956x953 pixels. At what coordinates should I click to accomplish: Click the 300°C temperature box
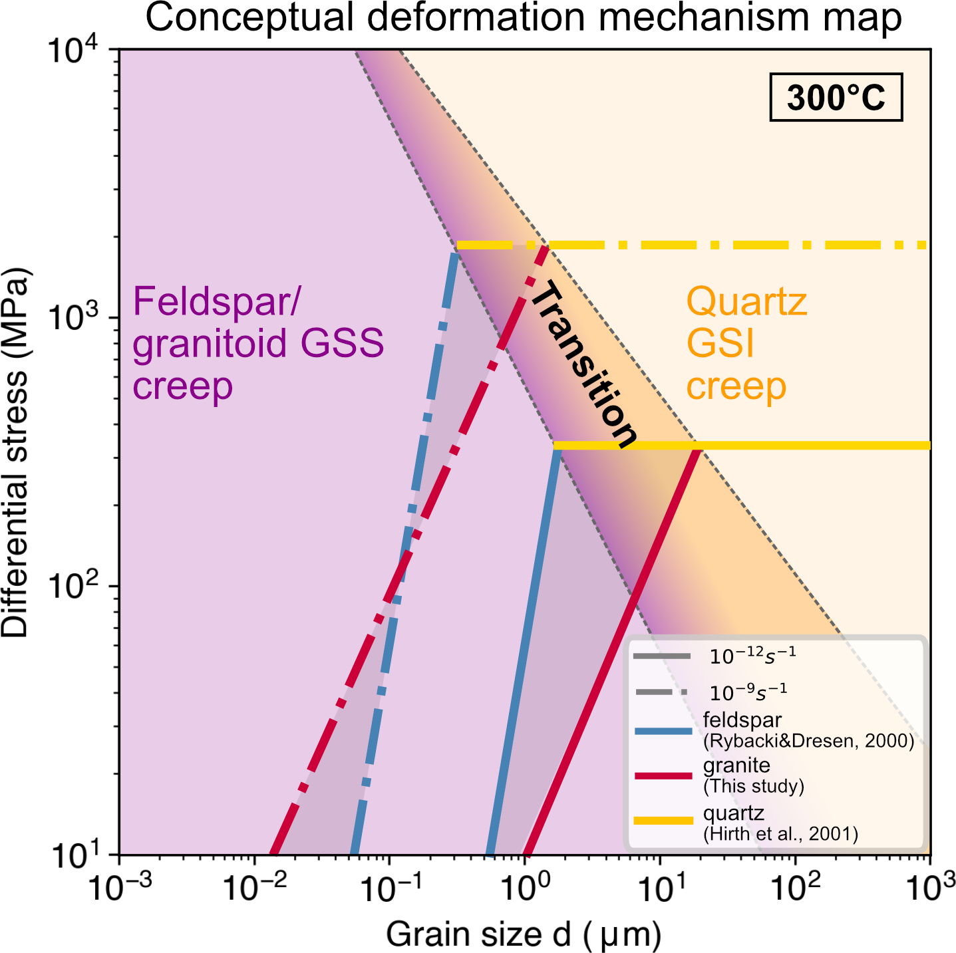pos(836,97)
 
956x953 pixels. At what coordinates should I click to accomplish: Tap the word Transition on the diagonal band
pos(583,364)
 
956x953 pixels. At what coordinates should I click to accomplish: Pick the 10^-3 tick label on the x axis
pos(120,888)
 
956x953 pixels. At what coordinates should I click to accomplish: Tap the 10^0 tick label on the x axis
pos(524,888)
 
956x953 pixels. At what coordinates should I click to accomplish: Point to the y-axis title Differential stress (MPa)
pos(16,452)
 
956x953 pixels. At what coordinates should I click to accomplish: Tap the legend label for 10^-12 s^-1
pos(752,656)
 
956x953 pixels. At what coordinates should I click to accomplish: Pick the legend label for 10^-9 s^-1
pos(748,692)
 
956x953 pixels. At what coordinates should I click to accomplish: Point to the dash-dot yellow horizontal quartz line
pos(732,245)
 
